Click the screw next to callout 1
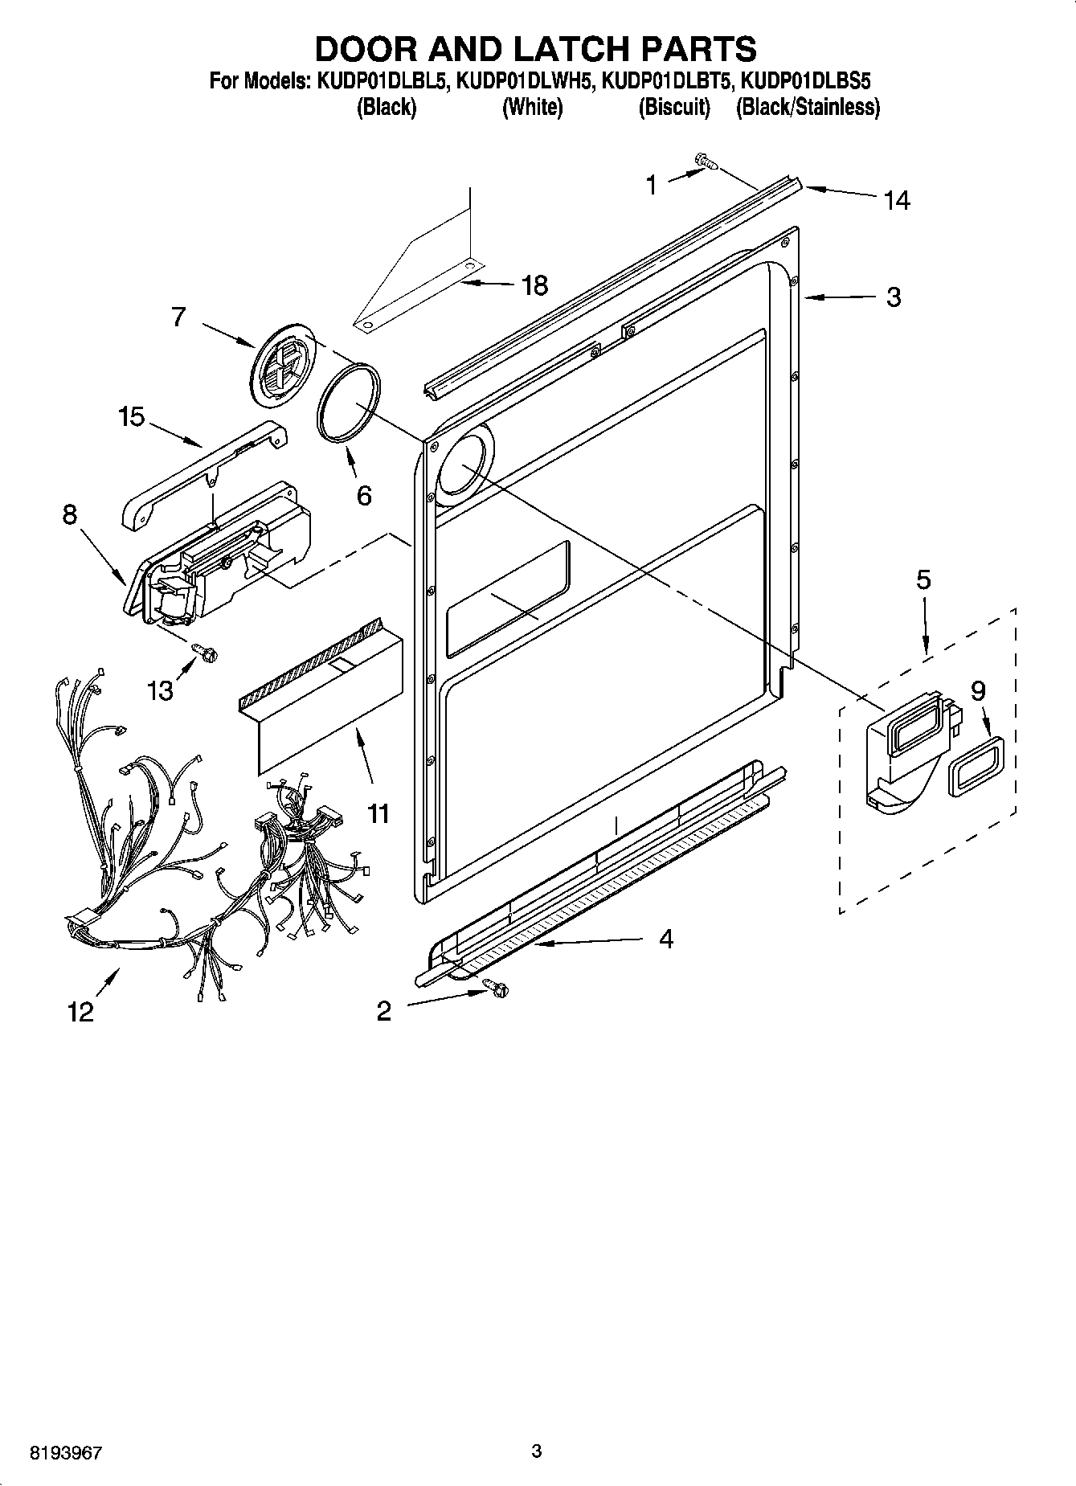tap(706, 163)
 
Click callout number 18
tap(534, 285)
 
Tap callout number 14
tap(896, 199)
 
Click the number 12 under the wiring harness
tap(80, 1011)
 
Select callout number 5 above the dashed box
tap(923, 579)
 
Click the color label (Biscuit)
tap(674, 107)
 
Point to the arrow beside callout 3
tap(839, 298)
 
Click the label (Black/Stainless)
tap(808, 107)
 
